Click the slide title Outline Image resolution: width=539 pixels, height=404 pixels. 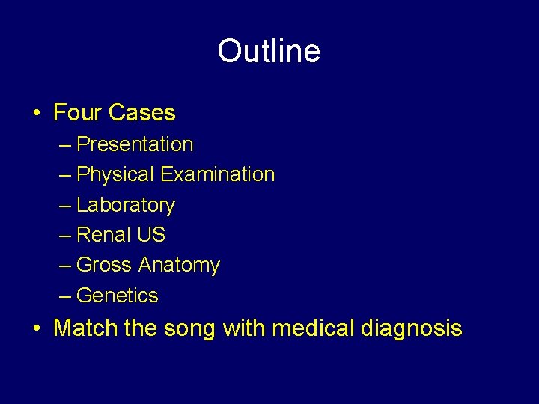click(269, 52)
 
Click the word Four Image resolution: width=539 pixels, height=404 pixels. click(78, 113)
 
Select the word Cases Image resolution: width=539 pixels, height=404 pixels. click(141, 113)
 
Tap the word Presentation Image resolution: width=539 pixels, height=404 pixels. click(135, 144)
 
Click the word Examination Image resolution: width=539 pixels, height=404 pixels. click(218, 174)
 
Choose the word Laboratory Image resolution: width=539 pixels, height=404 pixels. click(126, 205)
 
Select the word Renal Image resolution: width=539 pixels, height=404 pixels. click(104, 235)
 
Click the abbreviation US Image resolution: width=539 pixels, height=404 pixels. click(151, 235)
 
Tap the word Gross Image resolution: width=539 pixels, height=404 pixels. click(105, 265)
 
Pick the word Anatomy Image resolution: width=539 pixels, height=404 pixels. click(179, 266)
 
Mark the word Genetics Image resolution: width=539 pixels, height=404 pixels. click(118, 296)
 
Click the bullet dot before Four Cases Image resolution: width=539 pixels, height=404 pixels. click(37, 114)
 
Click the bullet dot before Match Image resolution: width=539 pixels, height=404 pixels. click(37, 328)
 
